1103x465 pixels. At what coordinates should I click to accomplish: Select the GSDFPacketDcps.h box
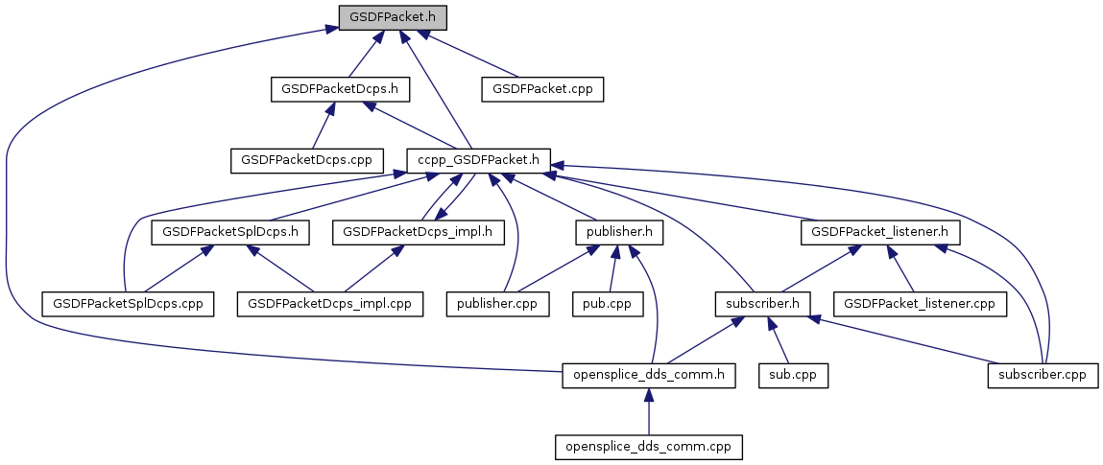pyautogui.click(x=340, y=89)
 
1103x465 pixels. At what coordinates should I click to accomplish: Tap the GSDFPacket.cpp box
pyautogui.click(x=542, y=89)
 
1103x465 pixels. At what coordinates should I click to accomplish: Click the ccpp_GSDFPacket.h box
pyautogui.click(x=478, y=160)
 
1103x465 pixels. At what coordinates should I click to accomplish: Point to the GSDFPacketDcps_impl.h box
pyautogui.click(x=418, y=232)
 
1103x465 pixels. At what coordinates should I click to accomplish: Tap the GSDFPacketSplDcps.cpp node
pyautogui.click(x=128, y=304)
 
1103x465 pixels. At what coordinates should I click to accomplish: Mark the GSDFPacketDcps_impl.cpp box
pyautogui.click(x=330, y=304)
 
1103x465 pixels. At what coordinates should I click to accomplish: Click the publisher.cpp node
pyautogui.click(x=497, y=304)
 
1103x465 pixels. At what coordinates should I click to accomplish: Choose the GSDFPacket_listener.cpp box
pyautogui.click(x=921, y=304)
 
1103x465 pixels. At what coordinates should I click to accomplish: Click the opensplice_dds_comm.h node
pyautogui.click(x=649, y=376)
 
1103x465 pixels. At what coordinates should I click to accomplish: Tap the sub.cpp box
pyautogui.click(x=793, y=376)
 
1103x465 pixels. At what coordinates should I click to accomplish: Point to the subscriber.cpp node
pyautogui.click(x=1043, y=376)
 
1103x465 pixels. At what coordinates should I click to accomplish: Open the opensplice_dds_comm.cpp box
pyautogui.click(x=649, y=447)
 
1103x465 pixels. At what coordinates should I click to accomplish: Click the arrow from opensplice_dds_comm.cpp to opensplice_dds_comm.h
pyautogui.click(x=649, y=411)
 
